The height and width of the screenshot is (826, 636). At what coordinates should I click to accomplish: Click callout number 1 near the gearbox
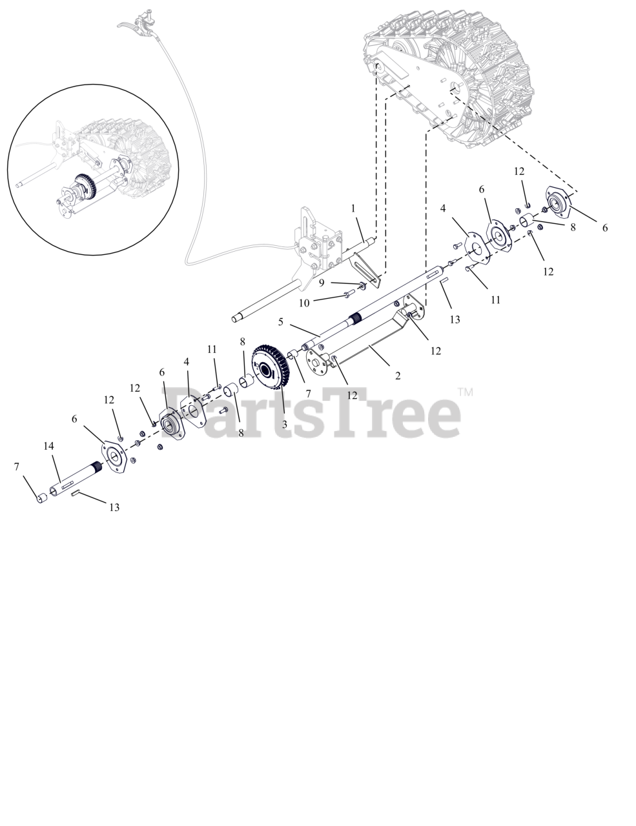coord(353,208)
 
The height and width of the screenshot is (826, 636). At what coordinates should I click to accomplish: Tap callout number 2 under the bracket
coord(398,376)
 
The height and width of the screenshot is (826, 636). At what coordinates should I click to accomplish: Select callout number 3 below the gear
coord(284,425)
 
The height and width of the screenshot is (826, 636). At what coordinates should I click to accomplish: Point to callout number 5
coord(281,321)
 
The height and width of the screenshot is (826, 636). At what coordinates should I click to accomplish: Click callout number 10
coord(303,302)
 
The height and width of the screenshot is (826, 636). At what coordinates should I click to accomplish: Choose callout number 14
coord(48,446)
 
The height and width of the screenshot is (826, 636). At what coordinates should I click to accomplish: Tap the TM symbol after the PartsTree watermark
coord(465,392)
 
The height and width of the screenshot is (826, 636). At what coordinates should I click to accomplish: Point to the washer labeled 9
coord(363,285)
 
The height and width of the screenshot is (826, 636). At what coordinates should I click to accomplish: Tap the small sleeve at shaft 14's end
coord(41,498)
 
